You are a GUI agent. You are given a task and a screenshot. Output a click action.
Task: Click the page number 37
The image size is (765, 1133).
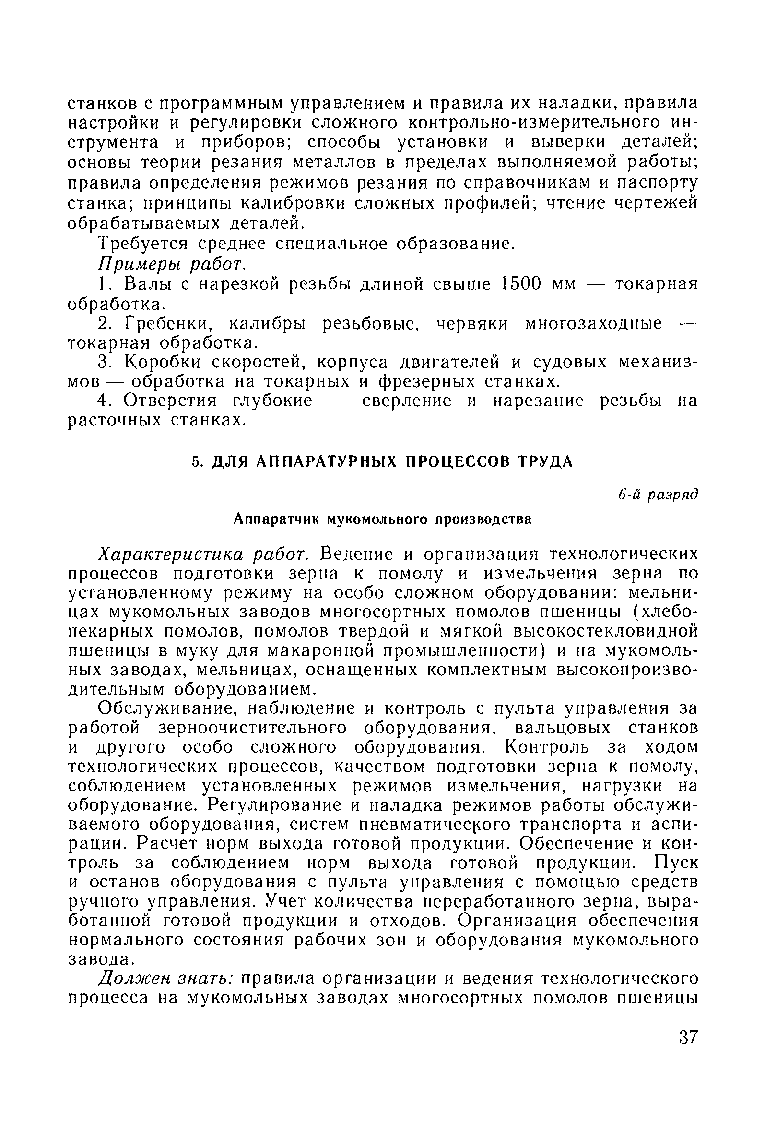point(688,1050)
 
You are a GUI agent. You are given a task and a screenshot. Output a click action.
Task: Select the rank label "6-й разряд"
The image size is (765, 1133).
point(658,495)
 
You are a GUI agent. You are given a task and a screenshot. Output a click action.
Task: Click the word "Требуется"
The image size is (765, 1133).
point(143,244)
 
